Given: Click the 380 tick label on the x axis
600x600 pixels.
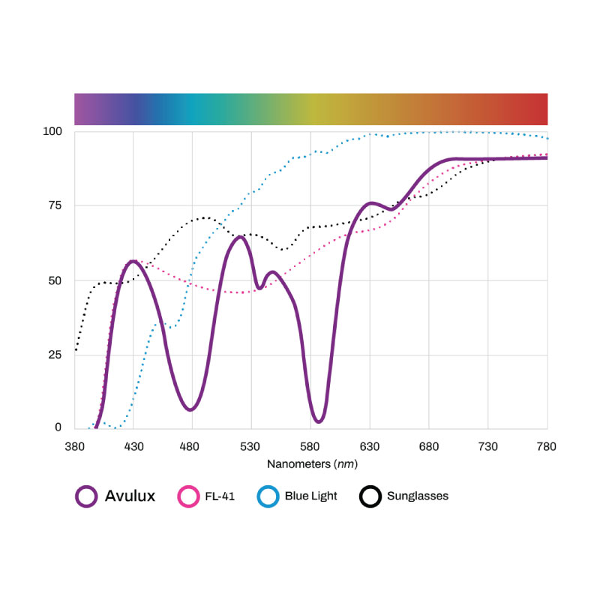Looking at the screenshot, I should tap(74, 446).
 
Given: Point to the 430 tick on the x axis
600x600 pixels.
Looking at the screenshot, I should tap(133, 446).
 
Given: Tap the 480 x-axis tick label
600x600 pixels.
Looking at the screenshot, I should tap(192, 446).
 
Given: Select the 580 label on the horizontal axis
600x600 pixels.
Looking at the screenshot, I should tap(310, 446).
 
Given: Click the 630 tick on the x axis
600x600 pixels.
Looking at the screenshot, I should tap(370, 446).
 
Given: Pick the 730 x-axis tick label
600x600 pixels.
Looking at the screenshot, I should tap(488, 446).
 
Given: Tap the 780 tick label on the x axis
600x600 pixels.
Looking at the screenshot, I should tap(547, 446).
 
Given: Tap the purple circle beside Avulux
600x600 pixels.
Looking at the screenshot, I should tap(87, 496).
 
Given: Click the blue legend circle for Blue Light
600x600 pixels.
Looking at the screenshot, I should tap(268, 496).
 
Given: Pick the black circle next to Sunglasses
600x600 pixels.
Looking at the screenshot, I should tap(370, 496).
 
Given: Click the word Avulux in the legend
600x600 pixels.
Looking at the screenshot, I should tap(130, 496).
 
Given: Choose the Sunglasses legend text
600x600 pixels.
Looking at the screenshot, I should tap(418, 496).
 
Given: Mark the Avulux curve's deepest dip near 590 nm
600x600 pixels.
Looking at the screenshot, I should tap(319, 421).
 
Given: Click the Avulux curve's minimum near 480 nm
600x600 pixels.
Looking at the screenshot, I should tap(190, 409).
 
